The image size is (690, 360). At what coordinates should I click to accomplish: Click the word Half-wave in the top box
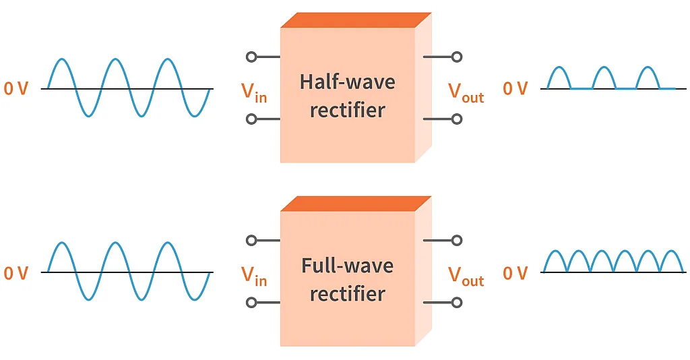pos(347,82)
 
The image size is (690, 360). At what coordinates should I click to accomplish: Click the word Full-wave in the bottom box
pos(347,266)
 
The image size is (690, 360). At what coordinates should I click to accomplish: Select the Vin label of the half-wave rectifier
pos(254,92)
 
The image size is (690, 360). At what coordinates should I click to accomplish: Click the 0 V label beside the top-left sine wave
pos(16,88)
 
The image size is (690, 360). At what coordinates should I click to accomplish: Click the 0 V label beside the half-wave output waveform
pos(515,88)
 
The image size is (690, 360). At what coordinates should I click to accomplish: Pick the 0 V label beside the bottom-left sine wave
pos(16,273)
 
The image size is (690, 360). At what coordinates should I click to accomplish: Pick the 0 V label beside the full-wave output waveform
pos(515,273)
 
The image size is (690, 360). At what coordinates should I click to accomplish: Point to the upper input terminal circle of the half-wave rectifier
pos(252,57)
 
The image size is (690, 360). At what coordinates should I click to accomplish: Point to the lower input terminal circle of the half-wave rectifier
pos(252,119)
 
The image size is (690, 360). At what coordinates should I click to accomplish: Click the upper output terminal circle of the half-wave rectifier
pos(457,57)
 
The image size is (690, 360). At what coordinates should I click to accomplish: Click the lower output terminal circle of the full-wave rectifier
pos(457,303)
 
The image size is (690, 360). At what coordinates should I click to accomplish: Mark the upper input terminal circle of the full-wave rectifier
pos(252,240)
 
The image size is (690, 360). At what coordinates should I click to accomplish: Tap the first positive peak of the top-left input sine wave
pos(61,60)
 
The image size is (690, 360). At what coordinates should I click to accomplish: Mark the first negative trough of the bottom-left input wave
pos(88,299)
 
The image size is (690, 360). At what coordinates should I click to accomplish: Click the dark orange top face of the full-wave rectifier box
pos(355,203)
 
